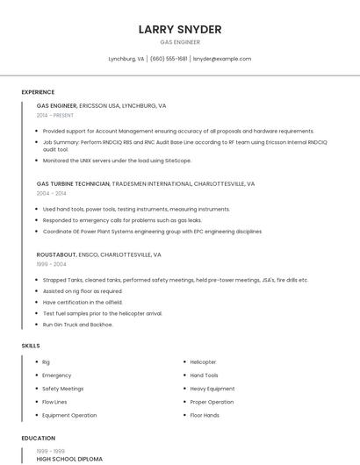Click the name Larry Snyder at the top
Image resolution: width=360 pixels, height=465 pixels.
(180, 29)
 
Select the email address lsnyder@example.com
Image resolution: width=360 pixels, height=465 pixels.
(222, 59)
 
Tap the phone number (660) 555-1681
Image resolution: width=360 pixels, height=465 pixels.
(169, 59)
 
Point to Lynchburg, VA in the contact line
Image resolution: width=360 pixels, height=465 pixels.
(126, 59)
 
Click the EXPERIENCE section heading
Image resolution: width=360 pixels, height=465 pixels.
(38, 92)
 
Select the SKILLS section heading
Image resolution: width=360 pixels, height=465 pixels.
(31, 346)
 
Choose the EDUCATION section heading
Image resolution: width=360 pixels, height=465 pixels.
(39, 438)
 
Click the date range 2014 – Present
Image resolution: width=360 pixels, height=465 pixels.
(55, 115)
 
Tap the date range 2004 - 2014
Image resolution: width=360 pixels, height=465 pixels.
(52, 193)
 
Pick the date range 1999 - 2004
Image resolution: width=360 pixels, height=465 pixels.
(52, 263)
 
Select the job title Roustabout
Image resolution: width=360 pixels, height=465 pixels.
(56, 254)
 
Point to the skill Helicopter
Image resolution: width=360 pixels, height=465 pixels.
(203, 362)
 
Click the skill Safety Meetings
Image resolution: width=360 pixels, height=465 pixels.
(63, 389)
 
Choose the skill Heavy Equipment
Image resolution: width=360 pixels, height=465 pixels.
(212, 389)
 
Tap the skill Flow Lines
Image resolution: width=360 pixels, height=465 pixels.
(55, 402)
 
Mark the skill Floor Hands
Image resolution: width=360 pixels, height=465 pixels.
(205, 415)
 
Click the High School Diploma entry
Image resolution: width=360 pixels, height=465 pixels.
(69, 459)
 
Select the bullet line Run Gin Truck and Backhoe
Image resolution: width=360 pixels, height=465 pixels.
(78, 325)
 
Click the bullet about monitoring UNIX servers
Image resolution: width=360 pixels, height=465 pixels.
(117, 161)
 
